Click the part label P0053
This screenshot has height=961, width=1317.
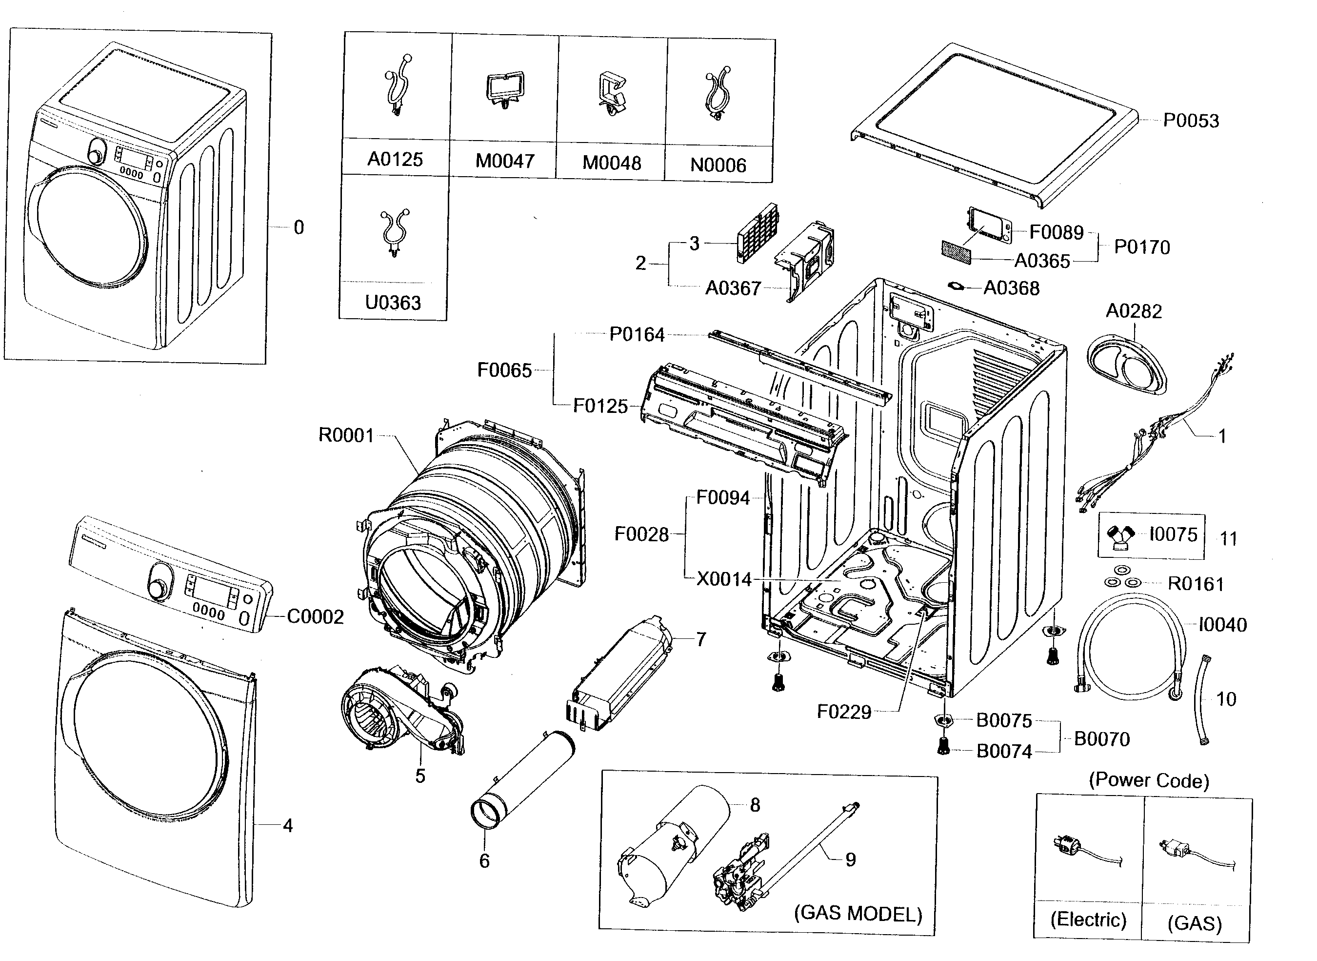tap(1190, 121)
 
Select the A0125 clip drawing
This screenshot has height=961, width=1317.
tap(398, 85)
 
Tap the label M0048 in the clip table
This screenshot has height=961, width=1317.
tap(612, 163)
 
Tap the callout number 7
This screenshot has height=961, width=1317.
tap(701, 639)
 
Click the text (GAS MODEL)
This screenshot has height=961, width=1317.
tap(858, 913)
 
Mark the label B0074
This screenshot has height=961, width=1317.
tap(1004, 751)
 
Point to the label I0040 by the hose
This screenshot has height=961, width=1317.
tap(1223, 625)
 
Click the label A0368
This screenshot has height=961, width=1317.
tap(1011, 288)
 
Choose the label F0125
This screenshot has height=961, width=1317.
tap(600, 406)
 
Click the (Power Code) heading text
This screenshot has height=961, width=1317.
tap(1149, 780)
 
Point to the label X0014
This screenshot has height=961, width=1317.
tap(724, 579)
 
